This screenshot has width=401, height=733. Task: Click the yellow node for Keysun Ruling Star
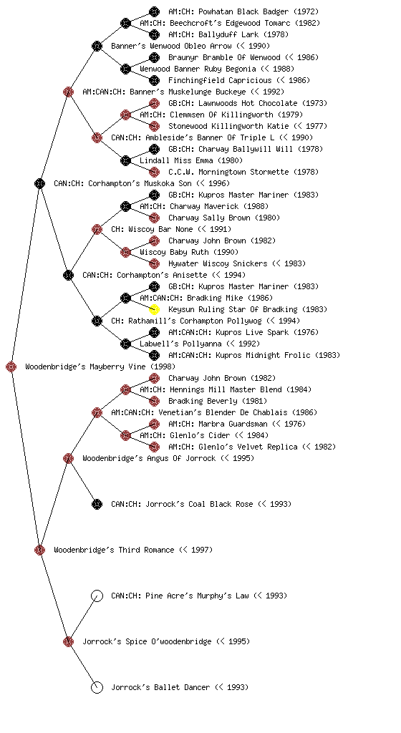click(x=154, y=309)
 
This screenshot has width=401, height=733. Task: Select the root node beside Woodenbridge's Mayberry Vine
click(x=11, y=366)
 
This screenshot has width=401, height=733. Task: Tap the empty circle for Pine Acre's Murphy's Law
click(x=97, y=596)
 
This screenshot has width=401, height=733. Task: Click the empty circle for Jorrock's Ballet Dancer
click(x=97, y=687)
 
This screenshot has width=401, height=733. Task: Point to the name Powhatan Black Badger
click(x=250, y=11)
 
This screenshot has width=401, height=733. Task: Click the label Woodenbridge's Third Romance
click(x=114, y=550)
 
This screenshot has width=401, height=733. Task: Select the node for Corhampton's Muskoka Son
click(x=39, y=183)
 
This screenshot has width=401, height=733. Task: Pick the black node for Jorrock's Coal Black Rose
click(x=97, y=504)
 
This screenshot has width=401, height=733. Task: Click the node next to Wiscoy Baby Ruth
click(x=125, y=252)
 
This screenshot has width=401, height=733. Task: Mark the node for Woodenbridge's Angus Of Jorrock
click(x=68, y=458)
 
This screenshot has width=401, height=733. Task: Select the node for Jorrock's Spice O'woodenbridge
click(x=68, y=641)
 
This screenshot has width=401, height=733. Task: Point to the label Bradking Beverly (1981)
click(x=218, y=401)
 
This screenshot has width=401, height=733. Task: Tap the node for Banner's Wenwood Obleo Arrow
click(x=97, y=46)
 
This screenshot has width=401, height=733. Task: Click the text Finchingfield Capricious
click(x=220, y=80)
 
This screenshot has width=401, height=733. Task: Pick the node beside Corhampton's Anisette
click(x=68, y=275)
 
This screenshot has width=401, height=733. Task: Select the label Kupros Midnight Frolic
click(x=263, y=355)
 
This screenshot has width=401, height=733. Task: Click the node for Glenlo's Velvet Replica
click(x=154, y=447)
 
